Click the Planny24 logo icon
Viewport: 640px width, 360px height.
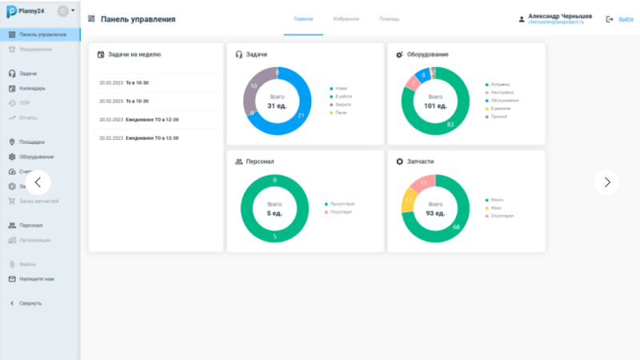12,13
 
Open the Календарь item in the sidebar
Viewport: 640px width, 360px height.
32,88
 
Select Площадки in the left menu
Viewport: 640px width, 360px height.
32,142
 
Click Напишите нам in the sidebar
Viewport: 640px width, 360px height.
36,279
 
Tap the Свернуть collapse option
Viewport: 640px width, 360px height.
30,303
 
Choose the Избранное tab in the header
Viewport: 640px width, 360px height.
346,18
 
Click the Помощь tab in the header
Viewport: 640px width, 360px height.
390,18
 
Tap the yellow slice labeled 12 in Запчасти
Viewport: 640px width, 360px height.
408,199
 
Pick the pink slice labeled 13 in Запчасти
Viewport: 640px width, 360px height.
424,183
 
